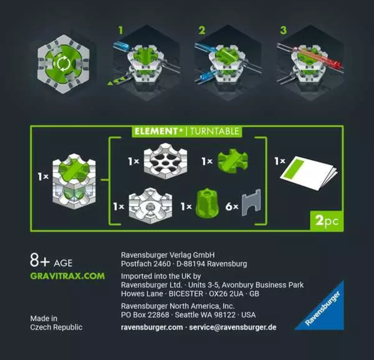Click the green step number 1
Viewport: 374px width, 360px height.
tap(121, 31)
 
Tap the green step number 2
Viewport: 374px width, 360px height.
tap(202, 31)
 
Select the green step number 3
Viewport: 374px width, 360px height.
tap(283, 31)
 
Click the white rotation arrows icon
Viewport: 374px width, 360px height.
tap(64, 64)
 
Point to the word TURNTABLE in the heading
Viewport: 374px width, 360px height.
tap(214, 131)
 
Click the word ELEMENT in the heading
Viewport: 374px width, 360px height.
tap(156, 131)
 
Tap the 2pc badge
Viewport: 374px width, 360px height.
tap(327, 221)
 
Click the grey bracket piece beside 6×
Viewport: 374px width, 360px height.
tap(252, 202)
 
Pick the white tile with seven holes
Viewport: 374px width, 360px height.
tap(165, 161)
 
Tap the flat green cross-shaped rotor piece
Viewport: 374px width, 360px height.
tap(233, 161)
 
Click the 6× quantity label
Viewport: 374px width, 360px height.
tap(232, 206)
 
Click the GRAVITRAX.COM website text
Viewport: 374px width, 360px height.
tap(68, 276)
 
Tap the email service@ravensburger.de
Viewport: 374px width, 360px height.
tap(233, 327)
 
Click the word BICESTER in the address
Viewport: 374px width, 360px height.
tap(186, 294)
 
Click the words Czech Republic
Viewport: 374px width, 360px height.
tap(56, 327)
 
